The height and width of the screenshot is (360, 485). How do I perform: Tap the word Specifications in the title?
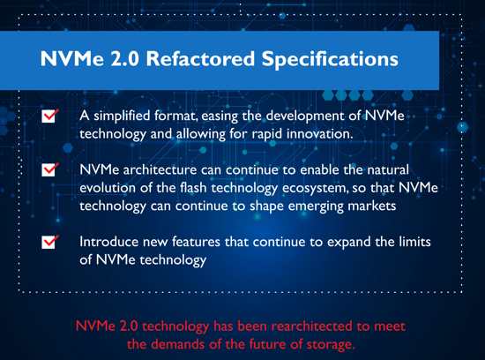point(330,59)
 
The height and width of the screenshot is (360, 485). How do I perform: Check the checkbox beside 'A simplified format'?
point(49,116)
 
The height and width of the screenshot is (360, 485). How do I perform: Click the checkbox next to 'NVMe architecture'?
point(49,169)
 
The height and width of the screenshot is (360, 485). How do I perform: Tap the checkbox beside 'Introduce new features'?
point(49,242)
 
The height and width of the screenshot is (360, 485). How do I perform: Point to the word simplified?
point(122,116)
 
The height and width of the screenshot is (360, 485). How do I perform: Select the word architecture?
point(160,170)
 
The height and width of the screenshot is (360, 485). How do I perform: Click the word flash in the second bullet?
point(193,188)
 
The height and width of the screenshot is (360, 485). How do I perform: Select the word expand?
point(349,243)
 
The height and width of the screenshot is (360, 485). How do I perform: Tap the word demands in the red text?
point(178,344)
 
